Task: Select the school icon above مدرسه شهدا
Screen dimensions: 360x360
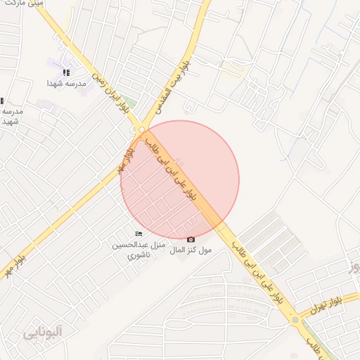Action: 66,72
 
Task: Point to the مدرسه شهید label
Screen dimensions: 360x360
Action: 11,116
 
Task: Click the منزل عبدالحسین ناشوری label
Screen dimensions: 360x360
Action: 139,250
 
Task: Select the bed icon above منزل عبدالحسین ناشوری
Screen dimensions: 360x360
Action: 139,233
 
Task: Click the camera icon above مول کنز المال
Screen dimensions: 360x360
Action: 191,240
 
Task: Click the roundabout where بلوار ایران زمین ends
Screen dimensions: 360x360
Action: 142,130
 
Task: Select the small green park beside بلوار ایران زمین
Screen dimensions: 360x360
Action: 130,104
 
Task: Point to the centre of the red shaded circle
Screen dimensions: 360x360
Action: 179,180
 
